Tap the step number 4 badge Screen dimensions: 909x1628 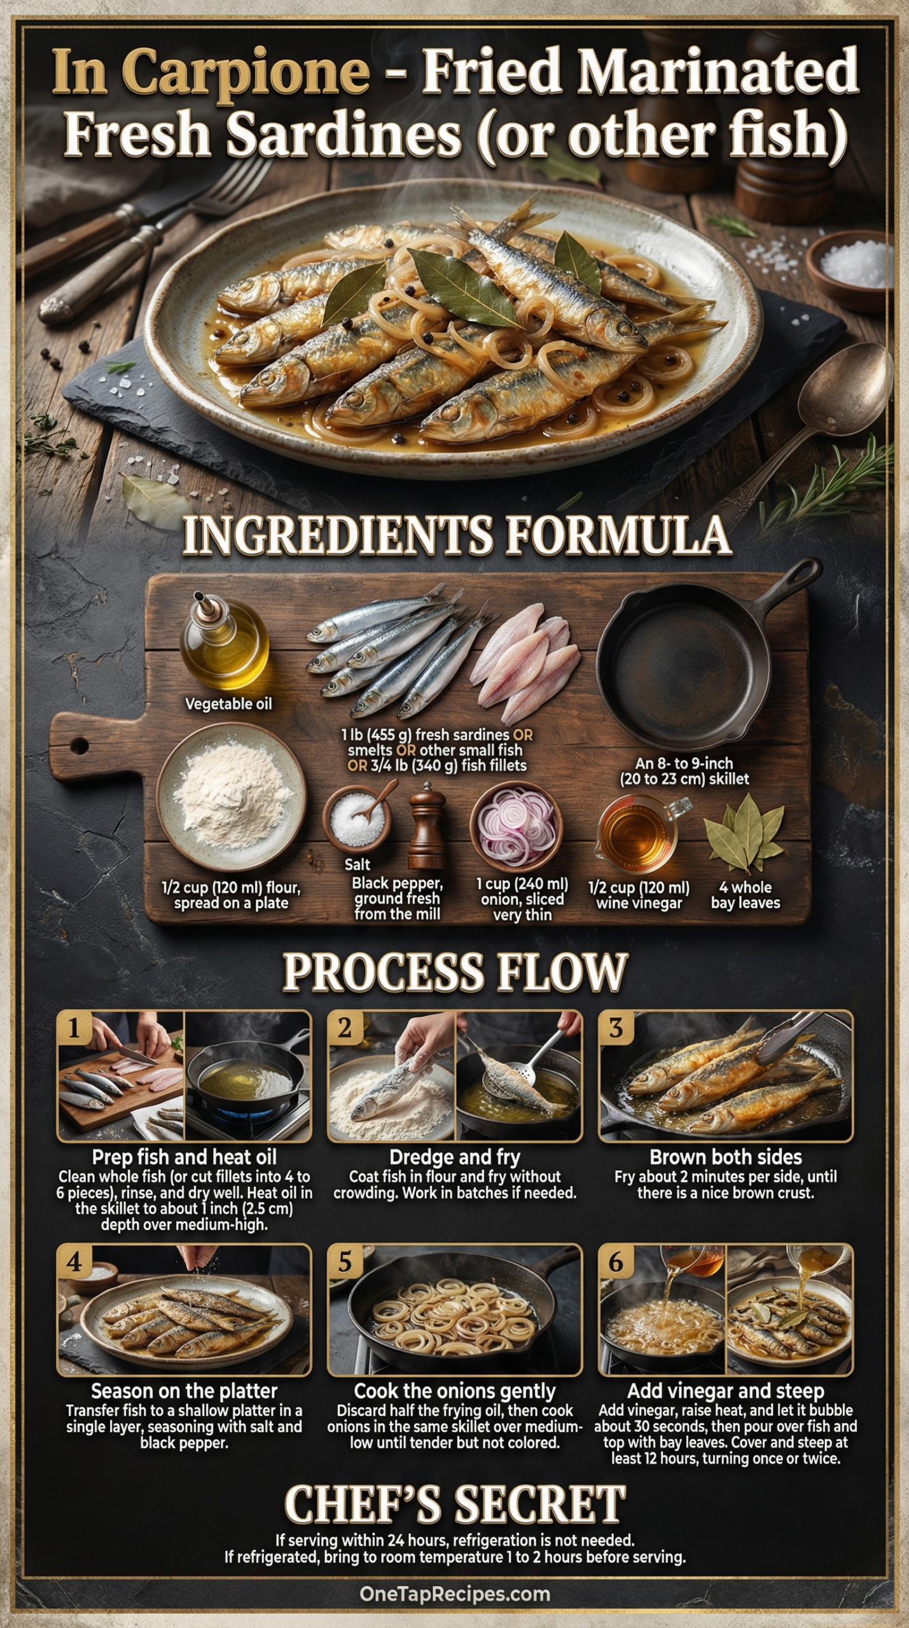tap(74, 1262)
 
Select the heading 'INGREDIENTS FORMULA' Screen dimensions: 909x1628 tap(456, 535)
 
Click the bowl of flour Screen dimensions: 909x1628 tap(232, 789)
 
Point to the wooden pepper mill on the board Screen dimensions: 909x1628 tap(427, 825)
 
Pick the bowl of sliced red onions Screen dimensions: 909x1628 tap(517, 827)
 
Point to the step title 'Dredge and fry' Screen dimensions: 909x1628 tap(455, 1157)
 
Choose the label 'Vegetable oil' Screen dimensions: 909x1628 tap(228, 704)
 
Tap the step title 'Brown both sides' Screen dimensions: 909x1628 tap(726, 1157)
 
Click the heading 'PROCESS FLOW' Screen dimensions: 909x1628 tap(455, 972)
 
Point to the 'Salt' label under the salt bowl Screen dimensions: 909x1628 tap(357, 864)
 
